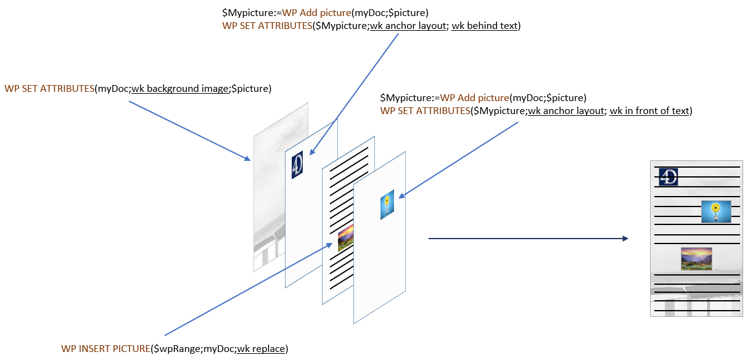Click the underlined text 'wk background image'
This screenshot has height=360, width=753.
(179, 88)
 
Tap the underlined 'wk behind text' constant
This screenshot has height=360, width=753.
(484, 26)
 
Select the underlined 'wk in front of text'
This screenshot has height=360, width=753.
(650, 111)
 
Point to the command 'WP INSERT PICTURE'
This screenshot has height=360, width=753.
(105, 349)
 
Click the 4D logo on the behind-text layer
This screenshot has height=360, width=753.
(298, 165)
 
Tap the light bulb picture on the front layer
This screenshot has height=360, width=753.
(387, 205)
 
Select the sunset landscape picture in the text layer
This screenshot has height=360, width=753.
(345, 237)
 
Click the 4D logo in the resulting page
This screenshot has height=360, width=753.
(669, 177)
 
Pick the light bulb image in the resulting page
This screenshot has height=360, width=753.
(715, 211)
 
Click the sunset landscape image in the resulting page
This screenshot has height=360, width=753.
(696, 258)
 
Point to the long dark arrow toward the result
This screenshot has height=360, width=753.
(527, 239)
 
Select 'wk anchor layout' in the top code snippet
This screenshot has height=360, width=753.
(407, 26)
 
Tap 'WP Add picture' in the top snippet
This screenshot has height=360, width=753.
(315, 12)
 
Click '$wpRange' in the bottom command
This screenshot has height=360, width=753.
(171, 349)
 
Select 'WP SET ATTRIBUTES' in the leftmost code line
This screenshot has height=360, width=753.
(49, 88)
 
